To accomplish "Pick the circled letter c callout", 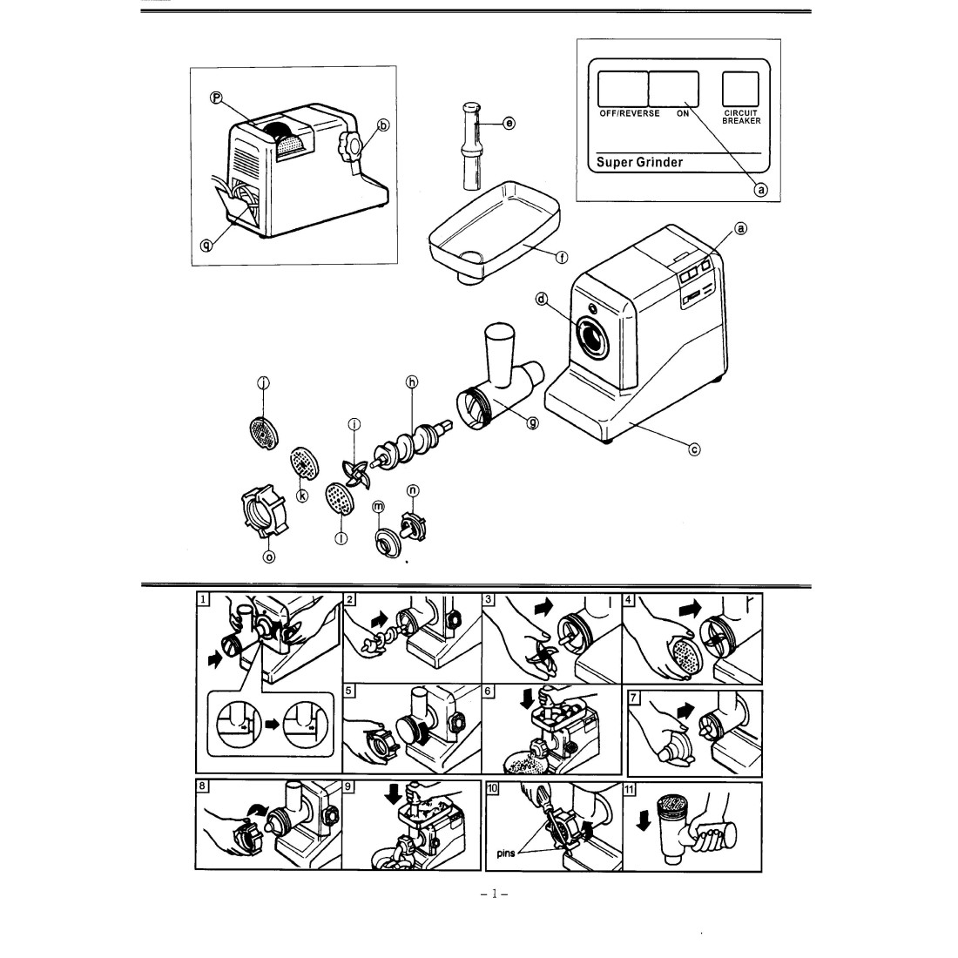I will tap(695, 449).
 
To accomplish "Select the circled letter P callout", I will tap(213, 98).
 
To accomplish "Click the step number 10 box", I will tap(492, 787).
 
